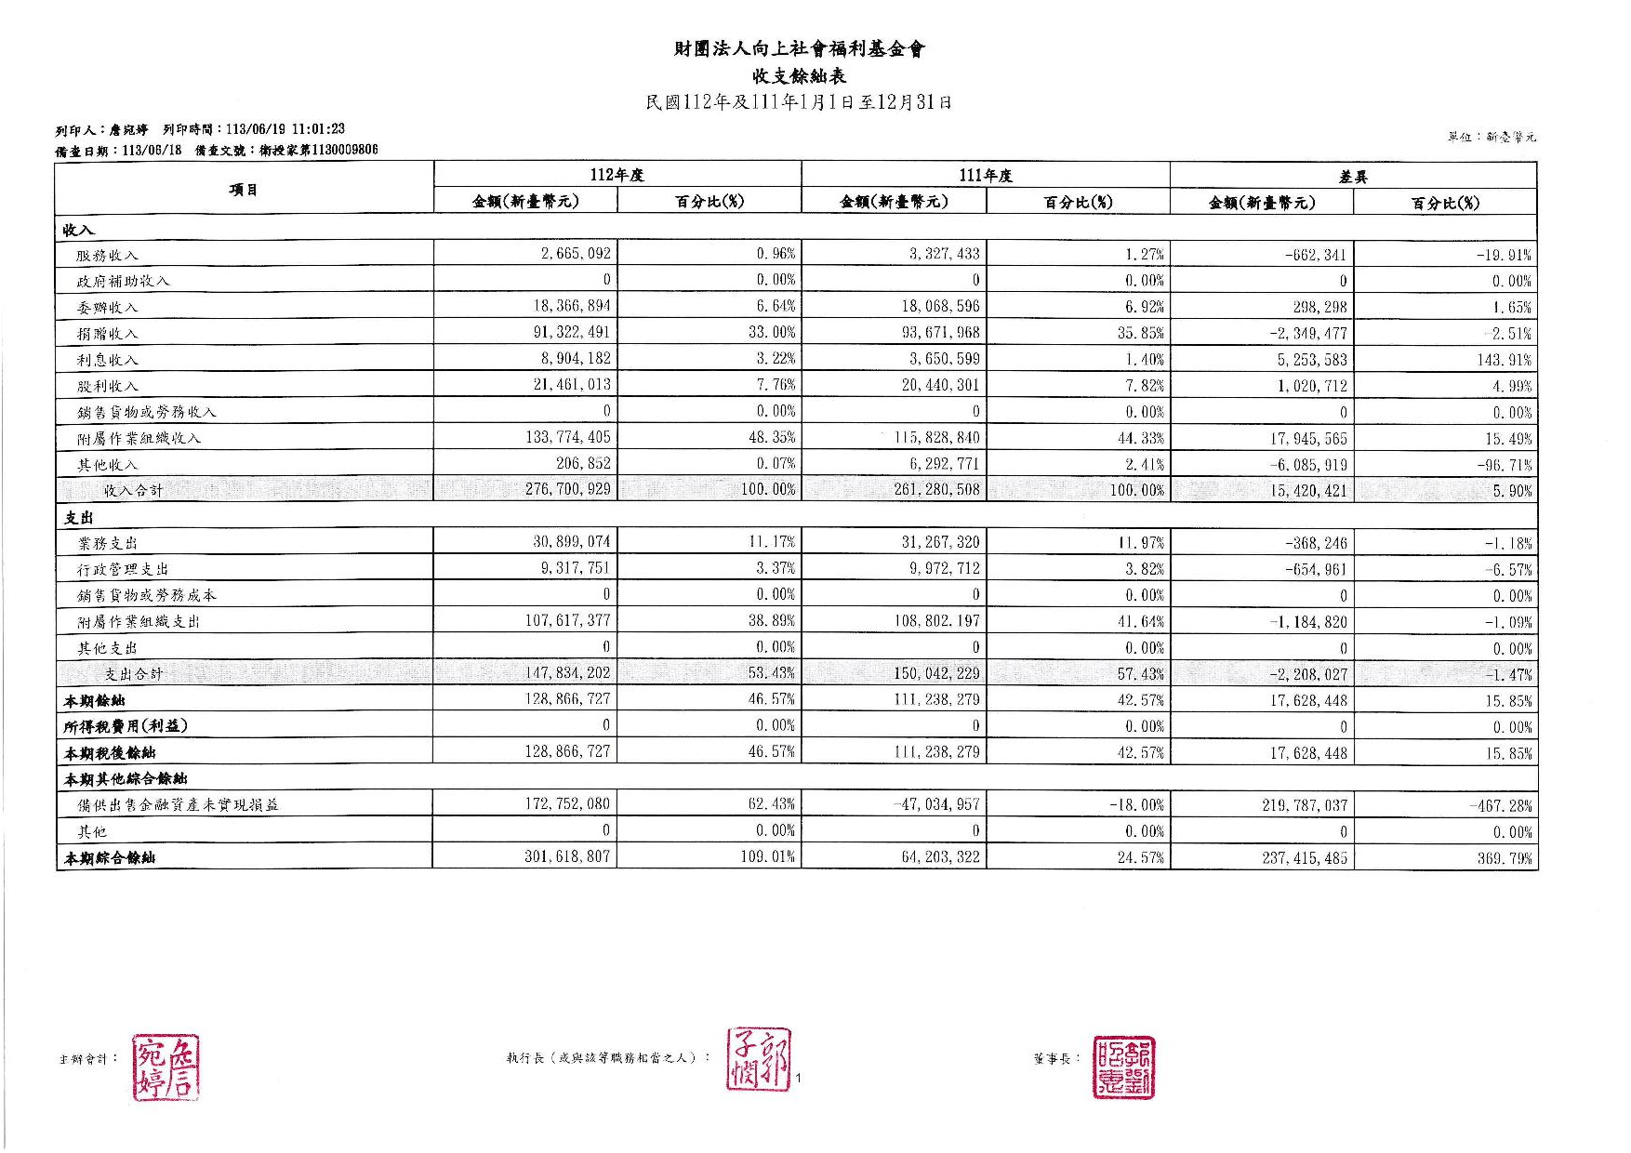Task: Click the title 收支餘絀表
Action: (x=799, y=76)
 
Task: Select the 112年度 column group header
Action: (x=617, y=175)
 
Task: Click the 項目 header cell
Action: (x=244, y=190)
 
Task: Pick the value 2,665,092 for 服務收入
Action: (x=576, y=254)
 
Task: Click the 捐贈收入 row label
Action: (x=107, y=333)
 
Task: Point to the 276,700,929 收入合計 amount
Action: (x=567, y=489)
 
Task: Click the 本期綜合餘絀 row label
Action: (x=109, y=858)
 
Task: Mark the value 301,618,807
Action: (x=567, y=856)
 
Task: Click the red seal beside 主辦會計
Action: (x=166, y=1067)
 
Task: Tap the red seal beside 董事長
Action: (x=1123, y=1067)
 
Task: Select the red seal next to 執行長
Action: (x=760, y=1060)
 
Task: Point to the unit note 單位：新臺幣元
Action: (x=1491, y=137)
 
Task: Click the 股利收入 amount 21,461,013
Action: (x=572, y=385)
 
